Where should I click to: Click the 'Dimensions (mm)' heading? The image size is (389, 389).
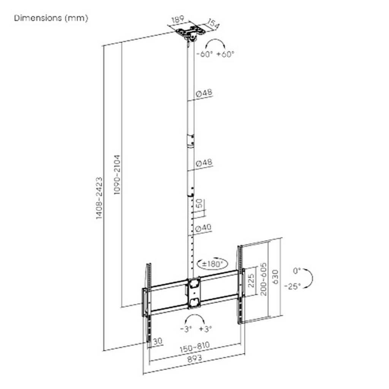pos(51,18)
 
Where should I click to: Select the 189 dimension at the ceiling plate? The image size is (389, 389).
pos(178,19)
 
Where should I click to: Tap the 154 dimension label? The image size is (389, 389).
pos(213,24)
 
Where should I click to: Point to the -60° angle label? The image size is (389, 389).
pos(205,54)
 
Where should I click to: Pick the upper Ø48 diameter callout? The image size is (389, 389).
pos(204,93)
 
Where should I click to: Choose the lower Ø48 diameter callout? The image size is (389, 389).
pos(204,163)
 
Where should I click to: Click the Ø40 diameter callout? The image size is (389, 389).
pos(203,228)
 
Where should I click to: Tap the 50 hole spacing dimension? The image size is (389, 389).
pos(199,204)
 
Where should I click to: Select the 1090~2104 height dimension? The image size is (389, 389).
pos(117,175)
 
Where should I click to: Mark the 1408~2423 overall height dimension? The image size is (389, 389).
pos(99,198)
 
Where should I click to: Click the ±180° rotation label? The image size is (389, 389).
pos(212,264)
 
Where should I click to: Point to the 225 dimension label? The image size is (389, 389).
pos(251,280)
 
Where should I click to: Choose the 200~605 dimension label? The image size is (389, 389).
pos(264,279)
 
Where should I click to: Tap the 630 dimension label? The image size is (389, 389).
pos(275,277)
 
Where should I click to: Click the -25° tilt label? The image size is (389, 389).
pos(293,286)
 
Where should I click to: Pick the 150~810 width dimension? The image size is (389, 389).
pos(195,347)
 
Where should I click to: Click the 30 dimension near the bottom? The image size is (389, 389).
pos(158,342)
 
